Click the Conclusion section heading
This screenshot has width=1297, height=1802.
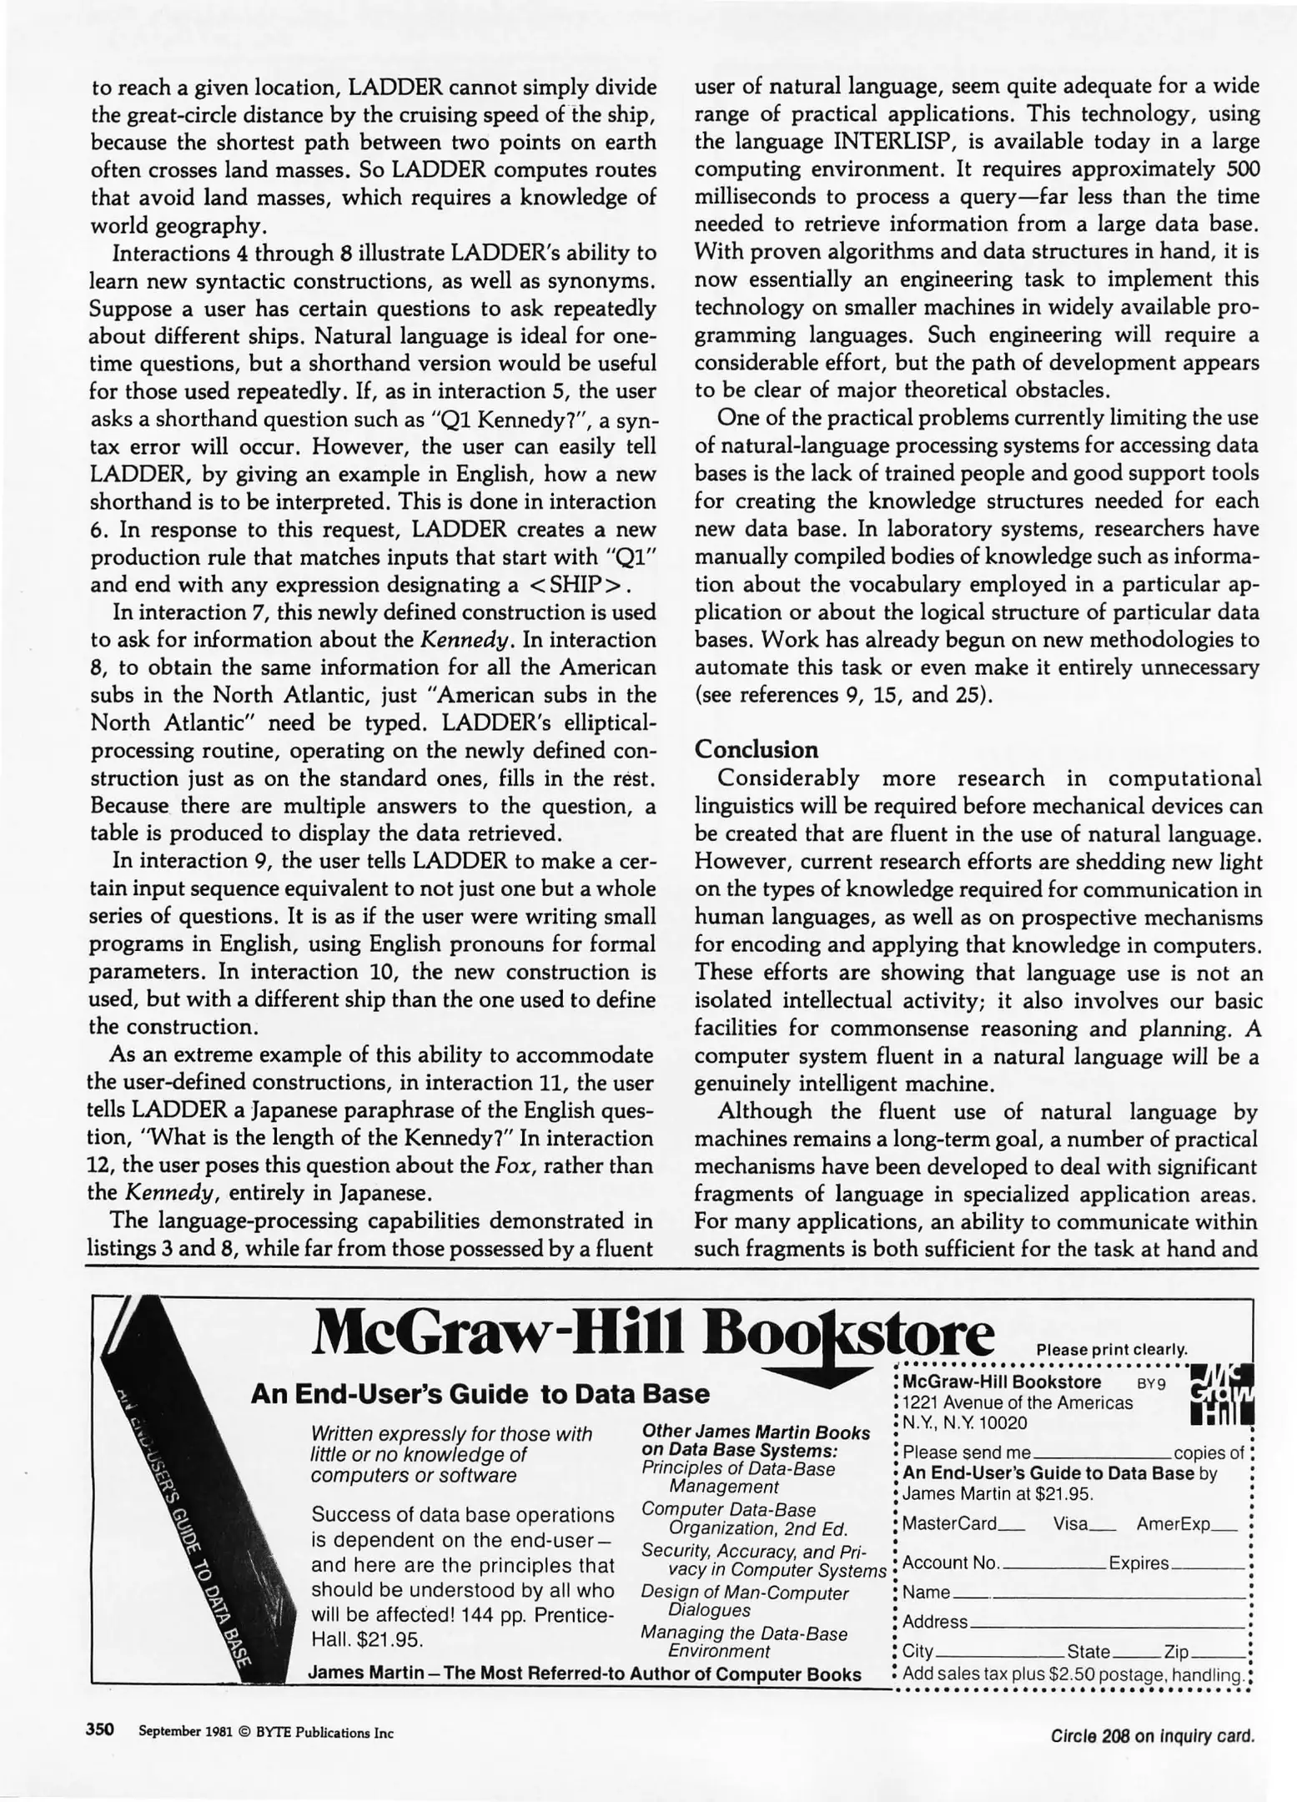(x=756, y=749)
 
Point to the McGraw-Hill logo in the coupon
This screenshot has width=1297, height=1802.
(x=1222, y=1394)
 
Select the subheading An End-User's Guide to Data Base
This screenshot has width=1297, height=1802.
(x=480, y=1394)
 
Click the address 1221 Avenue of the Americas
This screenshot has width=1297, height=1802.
(x=1018, y=1402)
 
